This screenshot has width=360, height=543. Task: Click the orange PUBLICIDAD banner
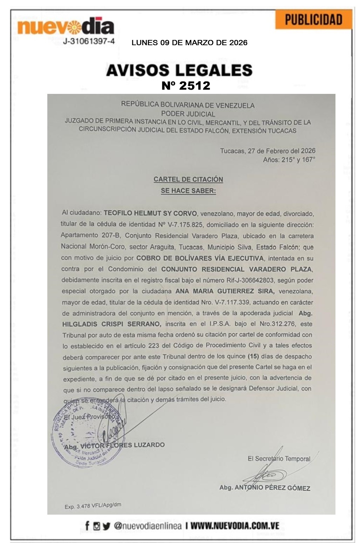(313, 20)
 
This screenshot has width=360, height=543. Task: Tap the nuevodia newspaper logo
(66, 26)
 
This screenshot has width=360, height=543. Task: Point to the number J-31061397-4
(89, 41)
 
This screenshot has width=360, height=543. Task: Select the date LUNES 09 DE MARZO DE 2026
(189, 43)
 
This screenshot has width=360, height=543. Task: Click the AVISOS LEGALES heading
(179, 70)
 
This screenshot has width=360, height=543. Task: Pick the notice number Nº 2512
(186, 85)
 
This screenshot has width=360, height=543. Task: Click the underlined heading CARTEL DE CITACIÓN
(188, 179)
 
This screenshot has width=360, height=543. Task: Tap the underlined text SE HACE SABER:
(188, 191)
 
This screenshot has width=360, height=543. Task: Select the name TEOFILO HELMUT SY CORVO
(150, 213)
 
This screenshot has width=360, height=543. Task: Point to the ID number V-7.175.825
(187, 224)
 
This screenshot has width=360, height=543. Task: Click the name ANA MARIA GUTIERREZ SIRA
(225, 291)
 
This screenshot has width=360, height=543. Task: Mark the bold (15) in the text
(253, 356)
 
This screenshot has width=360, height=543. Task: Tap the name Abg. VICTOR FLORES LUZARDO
(114, 445)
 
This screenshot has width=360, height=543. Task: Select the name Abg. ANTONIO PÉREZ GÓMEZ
(265, 488)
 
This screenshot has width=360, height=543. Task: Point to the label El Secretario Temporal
(279, 459)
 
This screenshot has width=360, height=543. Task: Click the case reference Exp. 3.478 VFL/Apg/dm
(93, 506)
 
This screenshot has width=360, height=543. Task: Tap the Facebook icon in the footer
(87, 525)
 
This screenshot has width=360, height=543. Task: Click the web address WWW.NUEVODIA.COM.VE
(235, 525)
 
